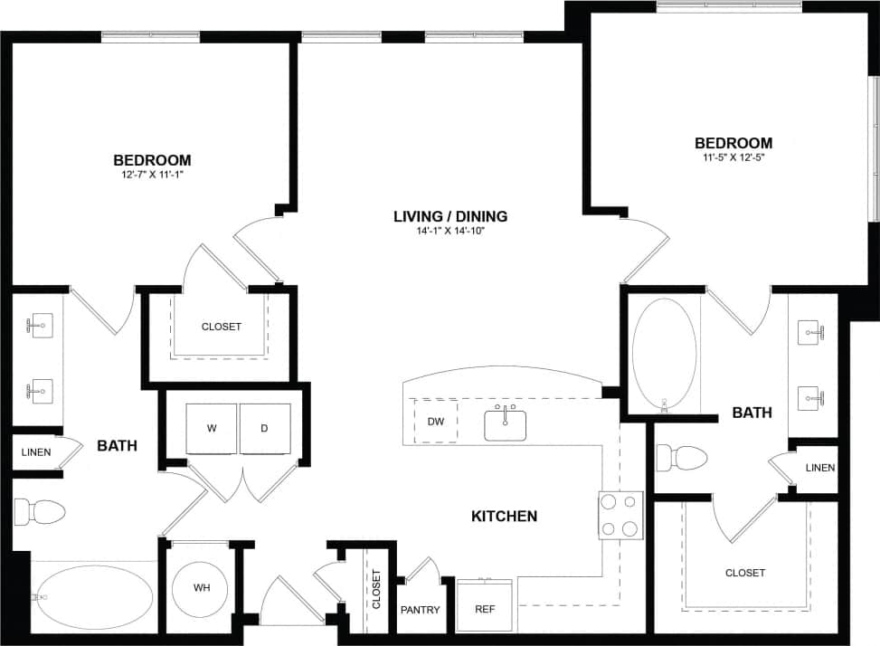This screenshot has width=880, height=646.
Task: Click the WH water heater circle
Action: [x=201, y=587]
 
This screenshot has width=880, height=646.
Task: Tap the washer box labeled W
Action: [x=212, y=428]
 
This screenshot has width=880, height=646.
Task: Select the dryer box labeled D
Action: [x=264, y=428]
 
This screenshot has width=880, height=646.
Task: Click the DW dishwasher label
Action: [x=435, y=421]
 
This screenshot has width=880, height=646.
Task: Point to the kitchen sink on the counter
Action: [x=506, y=423]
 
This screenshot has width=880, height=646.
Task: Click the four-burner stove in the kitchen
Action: [x=620, y=516]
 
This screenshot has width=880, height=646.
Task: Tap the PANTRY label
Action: [x=420, y=610]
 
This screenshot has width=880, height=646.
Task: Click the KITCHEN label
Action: [x=504, y=517]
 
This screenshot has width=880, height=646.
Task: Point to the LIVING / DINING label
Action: [x=450, y=216]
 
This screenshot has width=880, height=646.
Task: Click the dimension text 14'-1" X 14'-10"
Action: [x=450, y=231]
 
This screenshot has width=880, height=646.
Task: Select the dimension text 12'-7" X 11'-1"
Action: [x=152, y=175]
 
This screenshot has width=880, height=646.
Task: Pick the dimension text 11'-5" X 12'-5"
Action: [x=733, y=157]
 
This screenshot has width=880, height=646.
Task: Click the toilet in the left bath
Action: [x=45, y=512]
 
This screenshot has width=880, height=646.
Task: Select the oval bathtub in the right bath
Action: [x=665, y=355]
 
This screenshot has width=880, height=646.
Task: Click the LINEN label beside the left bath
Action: [x=36, y=451]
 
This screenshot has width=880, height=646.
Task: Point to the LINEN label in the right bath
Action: [x=819, y=468]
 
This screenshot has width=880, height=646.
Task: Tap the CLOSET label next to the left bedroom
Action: [x=222, y=327]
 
